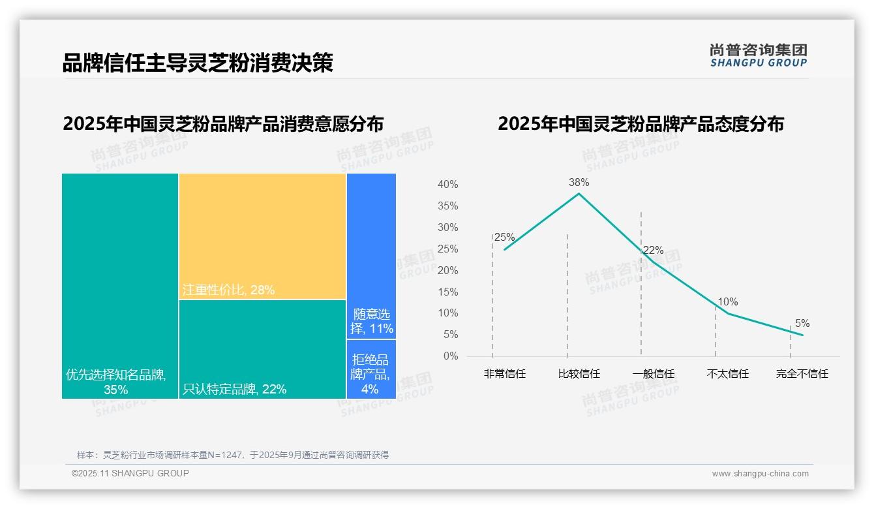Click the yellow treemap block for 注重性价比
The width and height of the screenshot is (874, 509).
[x=262, y=236]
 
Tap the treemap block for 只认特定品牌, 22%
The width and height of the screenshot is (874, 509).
[x=262, y=348]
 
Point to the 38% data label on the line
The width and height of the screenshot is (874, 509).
[x=579, y=183]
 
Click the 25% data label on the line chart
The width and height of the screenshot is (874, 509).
[x=504, y=238]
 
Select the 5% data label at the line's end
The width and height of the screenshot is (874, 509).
[x=802, y=324]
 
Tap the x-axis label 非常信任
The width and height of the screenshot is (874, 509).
[x=504, y=374]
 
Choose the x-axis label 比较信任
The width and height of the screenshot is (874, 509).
[x=579, y=374]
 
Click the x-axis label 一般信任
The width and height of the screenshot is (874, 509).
[x=653, y=374]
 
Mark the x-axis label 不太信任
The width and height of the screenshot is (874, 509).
[x=727, y=374]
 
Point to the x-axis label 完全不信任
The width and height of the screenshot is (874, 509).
[x=802, y=374]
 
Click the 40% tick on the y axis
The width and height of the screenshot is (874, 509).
[x=447, y=185]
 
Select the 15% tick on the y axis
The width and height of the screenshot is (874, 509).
[x=447, y=292]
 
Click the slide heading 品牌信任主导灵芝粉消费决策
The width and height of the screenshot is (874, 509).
[x=198, y=63]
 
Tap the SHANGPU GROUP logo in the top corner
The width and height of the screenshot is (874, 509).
[x=758, y=55]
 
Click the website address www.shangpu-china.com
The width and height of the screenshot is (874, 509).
[x=760, y=474]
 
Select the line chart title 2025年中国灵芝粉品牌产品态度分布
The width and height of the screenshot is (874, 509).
[x=640, y=124]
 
